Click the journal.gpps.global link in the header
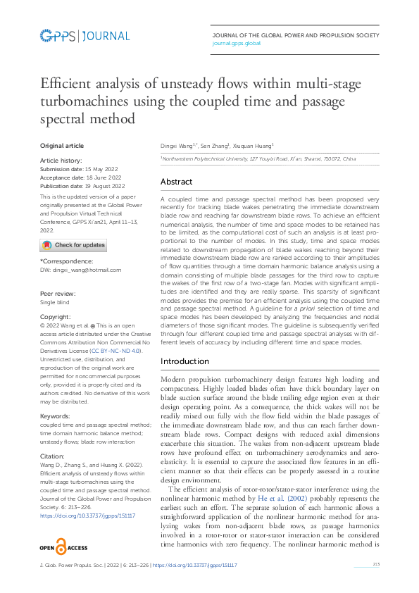point(236,43)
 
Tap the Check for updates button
point(73,245)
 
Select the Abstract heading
point(176,182)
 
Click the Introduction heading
point(185,361)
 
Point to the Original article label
point(61,146)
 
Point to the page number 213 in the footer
point(376,565)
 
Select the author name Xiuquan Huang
point(254,145)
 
